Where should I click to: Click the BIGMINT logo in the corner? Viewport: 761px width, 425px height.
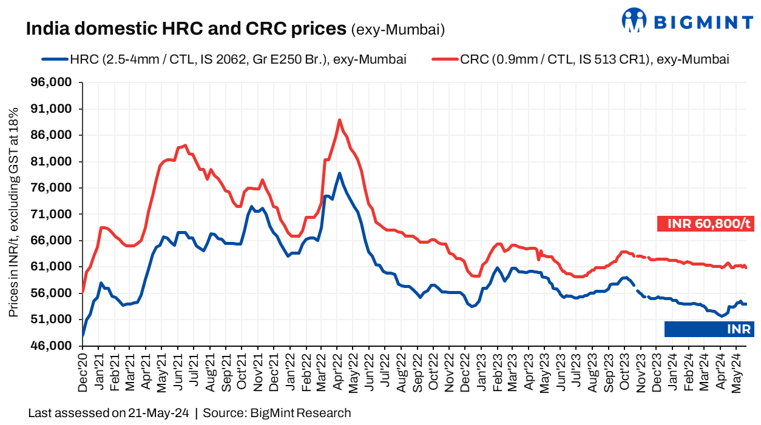(x=687, y=21)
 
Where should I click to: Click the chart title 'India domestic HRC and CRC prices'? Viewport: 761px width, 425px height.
(x=186, y=28)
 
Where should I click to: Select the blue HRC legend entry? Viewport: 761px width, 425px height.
(x=225, y=59)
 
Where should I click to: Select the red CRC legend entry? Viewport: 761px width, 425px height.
(x=580, y=59)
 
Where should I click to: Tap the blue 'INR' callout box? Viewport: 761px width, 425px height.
(x=708, y=329)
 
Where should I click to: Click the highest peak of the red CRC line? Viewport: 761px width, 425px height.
(x=339, y=119)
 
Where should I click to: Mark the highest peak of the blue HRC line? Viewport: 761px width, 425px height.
(x=339, y=173)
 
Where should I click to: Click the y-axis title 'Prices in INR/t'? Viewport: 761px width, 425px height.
(x=13, y=212)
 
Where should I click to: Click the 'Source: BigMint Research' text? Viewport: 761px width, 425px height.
(x=277, y=413)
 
